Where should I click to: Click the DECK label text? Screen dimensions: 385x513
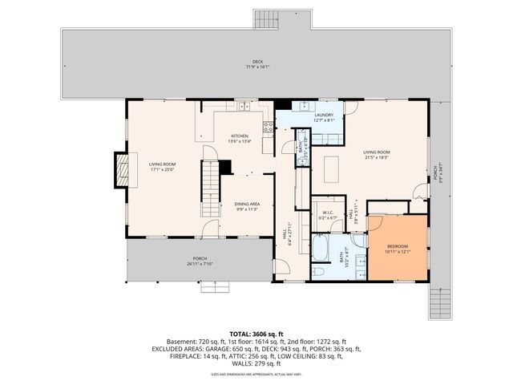click(x=257, y=61)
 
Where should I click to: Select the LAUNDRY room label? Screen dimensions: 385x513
click(x=324, y=115)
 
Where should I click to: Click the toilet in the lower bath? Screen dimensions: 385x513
click(x=317, y=272)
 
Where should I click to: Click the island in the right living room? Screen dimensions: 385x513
click(x=331, y=168)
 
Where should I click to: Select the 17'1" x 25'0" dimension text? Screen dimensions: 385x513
click(x=162, y=169)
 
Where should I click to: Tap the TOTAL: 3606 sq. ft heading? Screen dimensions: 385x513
click(x=256, y=333)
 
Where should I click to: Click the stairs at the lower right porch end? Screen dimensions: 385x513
click(x=437, y=304)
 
